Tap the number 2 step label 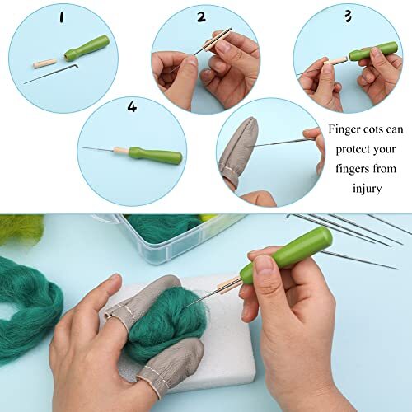pyautogui.click(x=200, y=16)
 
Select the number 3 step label pyautogui.click(x=324, y=16)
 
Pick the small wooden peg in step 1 pyautogui.click(x=45, y=63)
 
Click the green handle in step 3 pyautogui.click(x=372, y=52)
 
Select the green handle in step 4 pyautogui.click(x=157, y=154)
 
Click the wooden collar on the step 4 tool pyautogui.click(x=119, y=151)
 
